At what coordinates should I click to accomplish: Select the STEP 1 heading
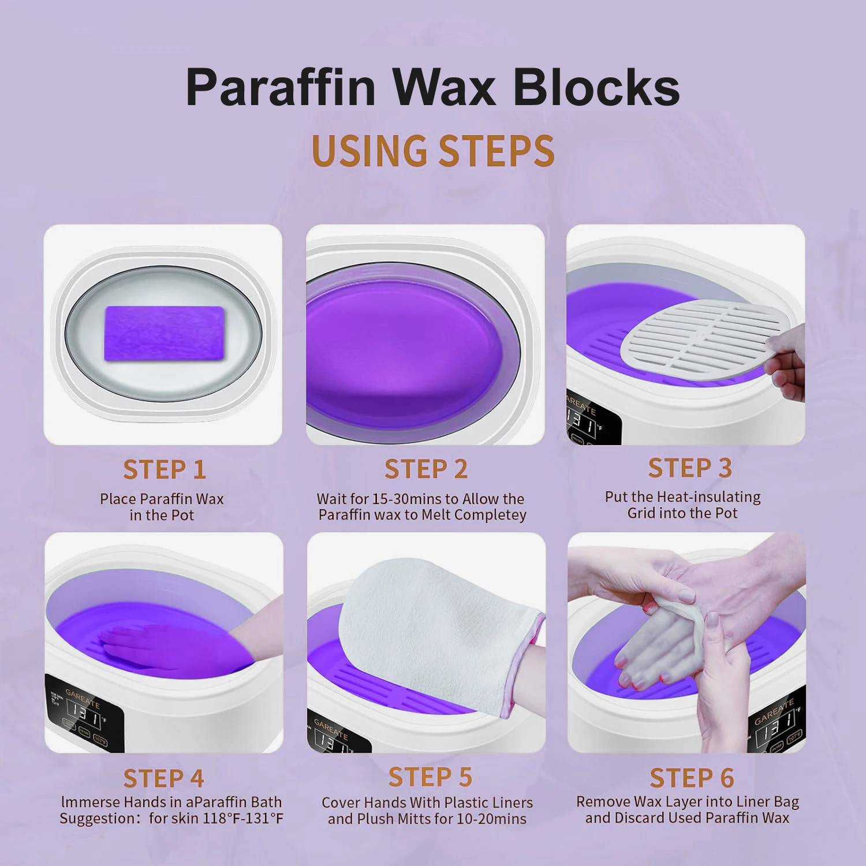tap(165, 469)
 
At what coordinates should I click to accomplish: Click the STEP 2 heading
tap(426, 469)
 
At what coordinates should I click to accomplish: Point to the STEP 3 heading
tap(690, 468)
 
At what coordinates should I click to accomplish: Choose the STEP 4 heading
tap(164, 779)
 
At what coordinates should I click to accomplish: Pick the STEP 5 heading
tap(430, 778)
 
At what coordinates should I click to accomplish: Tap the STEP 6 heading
tap(692, 778)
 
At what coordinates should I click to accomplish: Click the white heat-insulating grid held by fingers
tap(699, 338)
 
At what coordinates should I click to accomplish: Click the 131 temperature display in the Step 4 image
tap(85, 715)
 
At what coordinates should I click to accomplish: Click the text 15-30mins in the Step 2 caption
tap(395, 499)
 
